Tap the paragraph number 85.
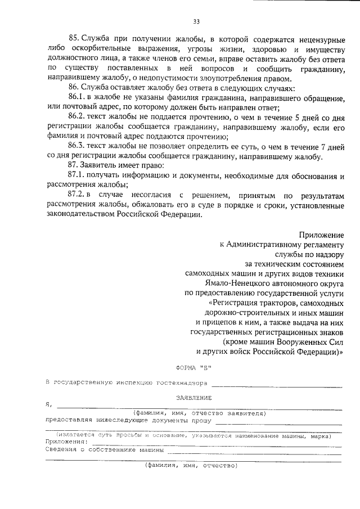point(73,38)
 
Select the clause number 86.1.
point(77,98)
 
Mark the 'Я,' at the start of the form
point(49,405)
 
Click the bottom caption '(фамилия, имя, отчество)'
point(192,465)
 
